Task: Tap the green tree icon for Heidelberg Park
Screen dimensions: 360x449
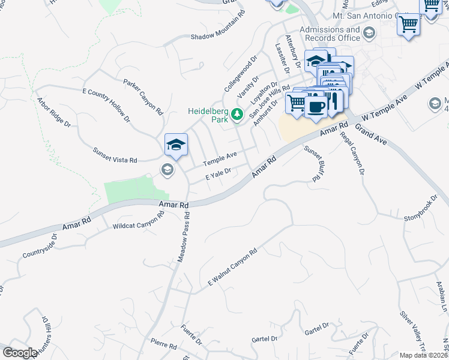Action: [x=237, y=114]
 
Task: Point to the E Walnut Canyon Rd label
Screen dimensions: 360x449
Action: [x=232, y=266]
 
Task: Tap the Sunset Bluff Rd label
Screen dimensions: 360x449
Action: [x=310, y=163]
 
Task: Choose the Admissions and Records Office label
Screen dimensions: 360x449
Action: [x=330, y=34]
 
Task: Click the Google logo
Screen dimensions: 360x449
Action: [x=20, y=353]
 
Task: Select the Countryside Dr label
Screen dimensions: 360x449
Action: [x=40, y=247]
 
